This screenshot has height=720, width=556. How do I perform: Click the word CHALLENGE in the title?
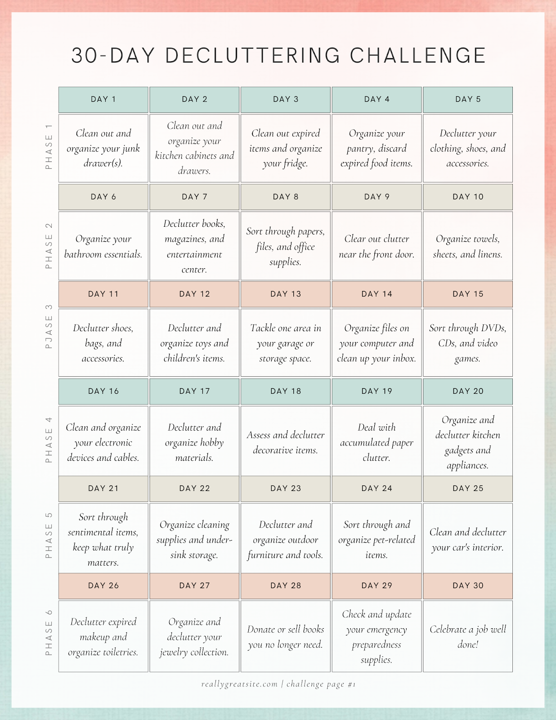pos(418,56)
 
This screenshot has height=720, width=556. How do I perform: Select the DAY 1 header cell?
pos(103,99)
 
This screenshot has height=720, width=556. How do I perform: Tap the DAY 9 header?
pos(377,197)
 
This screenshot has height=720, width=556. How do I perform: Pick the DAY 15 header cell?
pos(468,294)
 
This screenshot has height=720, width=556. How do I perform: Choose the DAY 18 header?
pos(286,391)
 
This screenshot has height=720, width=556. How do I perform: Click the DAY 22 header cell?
pos(194,488)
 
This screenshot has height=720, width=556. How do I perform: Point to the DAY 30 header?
pos(468,585)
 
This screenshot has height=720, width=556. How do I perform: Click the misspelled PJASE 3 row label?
pos(49,327)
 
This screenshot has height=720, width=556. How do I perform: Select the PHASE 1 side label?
pos(49,147)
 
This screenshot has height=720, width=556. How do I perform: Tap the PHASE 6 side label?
pos(49,633)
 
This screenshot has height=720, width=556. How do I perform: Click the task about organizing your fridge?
pos(286,148)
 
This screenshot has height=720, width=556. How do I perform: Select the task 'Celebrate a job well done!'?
pos(468,636)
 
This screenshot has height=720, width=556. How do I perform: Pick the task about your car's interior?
pos(468,540)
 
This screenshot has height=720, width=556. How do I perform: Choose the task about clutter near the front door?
pos(377,247)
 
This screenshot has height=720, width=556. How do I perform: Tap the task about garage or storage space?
pos(286,343)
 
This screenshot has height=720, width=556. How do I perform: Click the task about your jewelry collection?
pos(194,637)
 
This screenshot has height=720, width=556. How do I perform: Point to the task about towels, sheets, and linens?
pos(468,247)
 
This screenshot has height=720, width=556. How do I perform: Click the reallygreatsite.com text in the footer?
pos(239,684)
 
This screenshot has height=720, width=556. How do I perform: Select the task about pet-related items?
pos(377,540)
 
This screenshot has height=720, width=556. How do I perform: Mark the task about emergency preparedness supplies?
pos(377,637)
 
